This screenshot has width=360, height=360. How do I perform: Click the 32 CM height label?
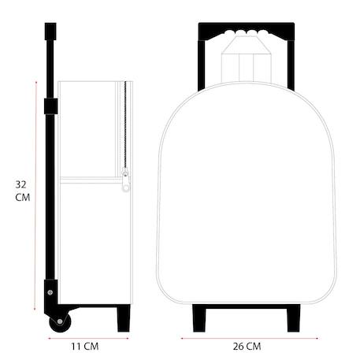23,191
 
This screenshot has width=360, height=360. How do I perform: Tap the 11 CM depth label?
85,347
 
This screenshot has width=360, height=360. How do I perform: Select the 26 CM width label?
247,347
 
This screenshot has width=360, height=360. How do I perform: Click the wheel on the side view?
60,322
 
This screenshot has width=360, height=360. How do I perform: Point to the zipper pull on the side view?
126,180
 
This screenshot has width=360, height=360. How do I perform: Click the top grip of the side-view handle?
50,32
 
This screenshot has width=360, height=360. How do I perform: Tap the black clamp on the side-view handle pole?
50,106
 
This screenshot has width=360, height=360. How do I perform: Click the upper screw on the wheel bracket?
50,292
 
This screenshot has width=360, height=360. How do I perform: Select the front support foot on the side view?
124,318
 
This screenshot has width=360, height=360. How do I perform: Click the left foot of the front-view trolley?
199,318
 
